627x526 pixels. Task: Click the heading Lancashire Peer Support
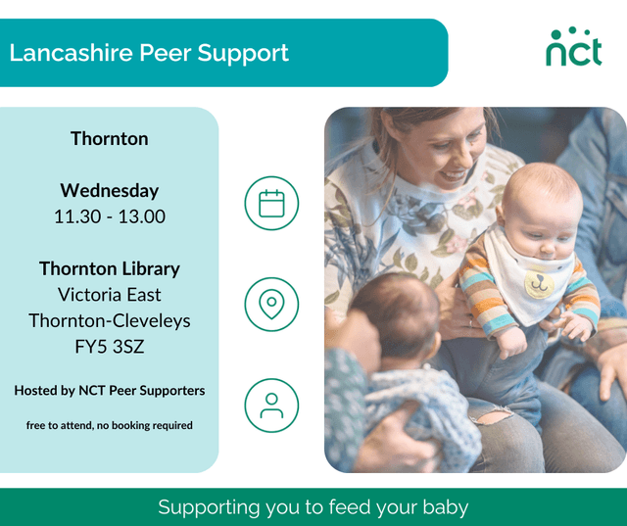[149, 52]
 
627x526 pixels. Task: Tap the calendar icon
[271, 203]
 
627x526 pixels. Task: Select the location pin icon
[271, 304]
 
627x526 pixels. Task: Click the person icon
[271, 404]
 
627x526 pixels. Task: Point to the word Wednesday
[109, 190]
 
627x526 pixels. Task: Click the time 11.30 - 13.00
[109, 216]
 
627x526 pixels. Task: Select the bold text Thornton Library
[109, 267]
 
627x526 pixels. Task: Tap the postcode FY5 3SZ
[109, 346]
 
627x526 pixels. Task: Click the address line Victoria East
[109, 294]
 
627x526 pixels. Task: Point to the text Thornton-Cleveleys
[109, 320]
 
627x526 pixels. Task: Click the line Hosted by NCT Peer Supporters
[109, 390]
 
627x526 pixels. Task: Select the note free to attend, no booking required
[109, 425]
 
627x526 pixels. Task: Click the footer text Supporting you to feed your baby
[313, 507]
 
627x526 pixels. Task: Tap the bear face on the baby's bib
[536, 285]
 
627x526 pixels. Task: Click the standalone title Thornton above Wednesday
[109, 138]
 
